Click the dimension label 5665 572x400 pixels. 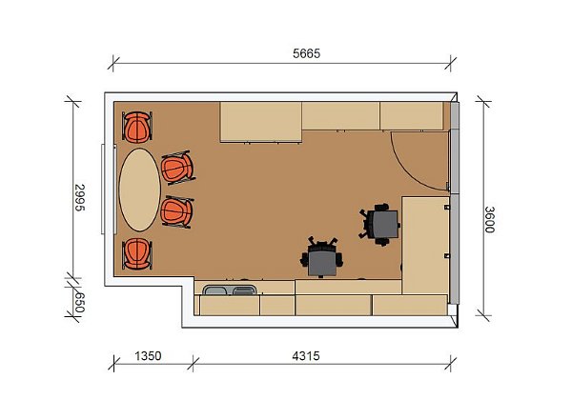point(306,53)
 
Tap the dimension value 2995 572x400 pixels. point(79,198)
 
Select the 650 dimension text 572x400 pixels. point(79,303)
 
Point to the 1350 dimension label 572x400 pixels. point(148,355)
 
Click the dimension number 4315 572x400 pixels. point(306,355)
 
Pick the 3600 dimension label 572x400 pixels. point(490,220)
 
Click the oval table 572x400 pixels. point(140,190)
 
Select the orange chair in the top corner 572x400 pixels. point(137,127)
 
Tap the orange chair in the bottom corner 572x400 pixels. point(137,254)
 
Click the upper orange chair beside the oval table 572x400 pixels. point(178,168)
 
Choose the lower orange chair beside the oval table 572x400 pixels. point(177,211)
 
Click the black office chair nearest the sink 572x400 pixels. point(322,257)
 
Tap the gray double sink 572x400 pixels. point(230,290)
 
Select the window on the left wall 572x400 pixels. point(103,190)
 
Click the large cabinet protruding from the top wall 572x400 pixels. point(261,122)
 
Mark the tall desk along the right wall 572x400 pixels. point(425,245)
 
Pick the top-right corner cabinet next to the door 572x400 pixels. point(412,116)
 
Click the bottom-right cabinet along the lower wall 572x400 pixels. point(410,306)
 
